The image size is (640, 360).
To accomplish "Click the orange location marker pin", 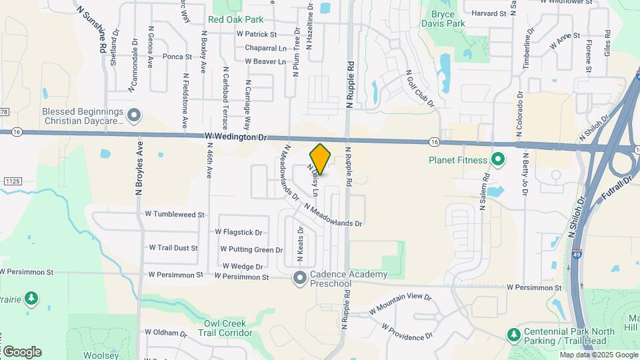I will coord(321,159).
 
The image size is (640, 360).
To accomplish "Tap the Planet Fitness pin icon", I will coord(497,160).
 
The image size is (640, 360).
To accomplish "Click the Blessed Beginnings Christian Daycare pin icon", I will coord(134,116).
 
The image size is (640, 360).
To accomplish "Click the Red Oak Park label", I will coord(235,20).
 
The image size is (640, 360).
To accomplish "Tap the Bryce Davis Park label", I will coord(442,19).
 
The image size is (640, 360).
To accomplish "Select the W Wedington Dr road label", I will coord(235,137).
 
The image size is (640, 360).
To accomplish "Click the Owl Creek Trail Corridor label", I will coord(219,328).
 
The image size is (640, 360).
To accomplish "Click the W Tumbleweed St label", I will coord(174,215).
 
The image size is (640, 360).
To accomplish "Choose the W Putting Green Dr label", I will coord(251,250).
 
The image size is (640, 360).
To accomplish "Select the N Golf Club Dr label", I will coord(420,89).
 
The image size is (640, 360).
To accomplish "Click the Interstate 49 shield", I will coord(575,254).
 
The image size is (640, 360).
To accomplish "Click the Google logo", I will coord(21,351).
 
